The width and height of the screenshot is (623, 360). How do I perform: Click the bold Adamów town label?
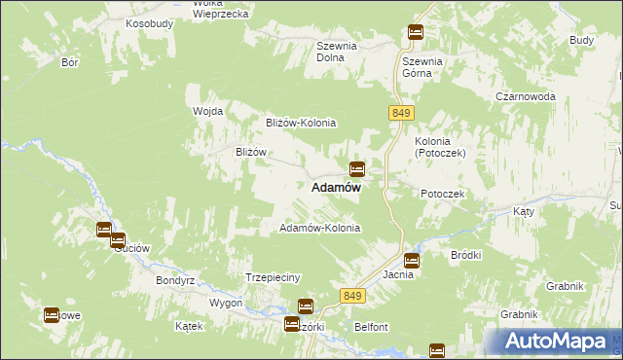[x=337, y=189]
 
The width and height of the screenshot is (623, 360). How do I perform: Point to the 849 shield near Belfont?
[x=353, y=295]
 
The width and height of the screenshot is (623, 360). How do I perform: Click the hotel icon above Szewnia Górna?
[x=416, y=32]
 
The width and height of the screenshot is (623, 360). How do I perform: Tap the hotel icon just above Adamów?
[x=357, y=168]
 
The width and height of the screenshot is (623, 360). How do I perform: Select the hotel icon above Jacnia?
[x=412, y=260]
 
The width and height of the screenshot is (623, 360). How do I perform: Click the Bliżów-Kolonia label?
[x=301, y=123]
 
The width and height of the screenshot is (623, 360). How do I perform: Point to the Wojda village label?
[x=208, y=111]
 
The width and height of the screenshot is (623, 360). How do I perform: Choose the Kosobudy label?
[x=148, y=21]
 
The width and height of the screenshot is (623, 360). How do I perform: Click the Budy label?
[x=582, y=40]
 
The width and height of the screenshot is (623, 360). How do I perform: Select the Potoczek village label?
[x=444, y=195]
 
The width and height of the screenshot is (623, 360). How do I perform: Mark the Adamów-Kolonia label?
[x=320, y=228]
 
